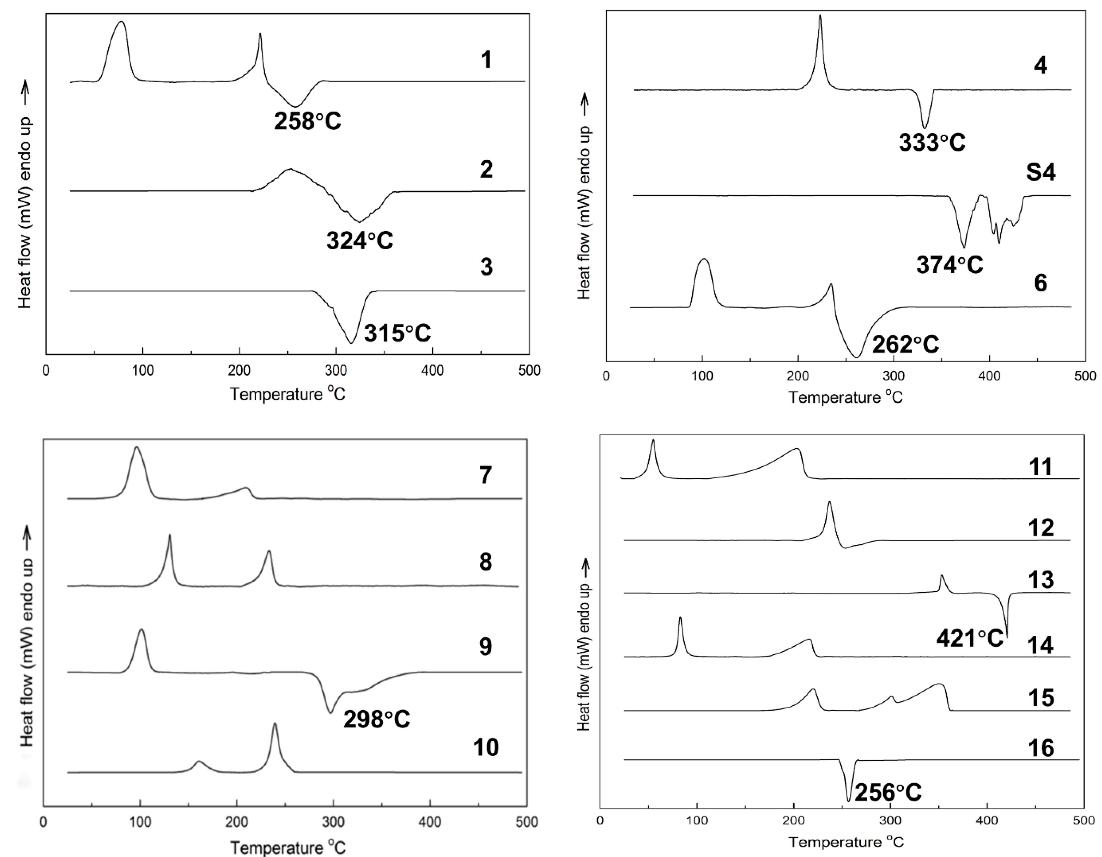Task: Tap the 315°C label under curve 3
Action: point(398,333)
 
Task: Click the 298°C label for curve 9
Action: point(376,719)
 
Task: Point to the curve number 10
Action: point(486,747)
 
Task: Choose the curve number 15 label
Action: point(1040,698)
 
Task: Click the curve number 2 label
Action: point(486,169)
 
